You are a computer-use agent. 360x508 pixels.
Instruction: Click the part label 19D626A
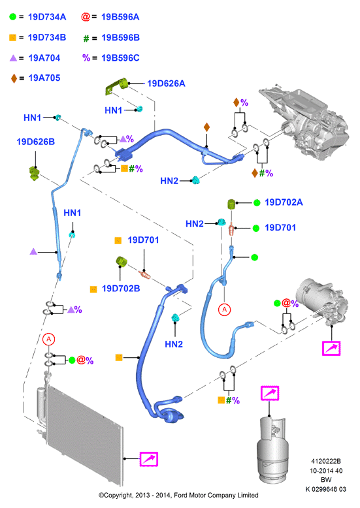click(166, 84)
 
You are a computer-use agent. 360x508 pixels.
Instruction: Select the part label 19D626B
click(36, 142)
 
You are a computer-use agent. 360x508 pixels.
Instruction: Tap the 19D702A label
click(284, 202)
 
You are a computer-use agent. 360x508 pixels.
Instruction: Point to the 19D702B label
click(121, 289)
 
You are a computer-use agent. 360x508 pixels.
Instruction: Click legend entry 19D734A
click(47, 17)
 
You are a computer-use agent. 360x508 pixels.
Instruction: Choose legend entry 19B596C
click(120, 58)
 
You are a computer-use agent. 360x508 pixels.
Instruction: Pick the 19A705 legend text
click(44, 78)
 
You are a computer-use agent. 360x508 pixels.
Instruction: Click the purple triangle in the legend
click(13, 58)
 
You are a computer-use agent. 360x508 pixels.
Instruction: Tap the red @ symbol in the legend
click(86, 17)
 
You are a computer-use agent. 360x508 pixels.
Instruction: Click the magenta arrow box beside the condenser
click(149, 459)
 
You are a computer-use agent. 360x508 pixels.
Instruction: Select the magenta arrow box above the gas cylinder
click(270, 393)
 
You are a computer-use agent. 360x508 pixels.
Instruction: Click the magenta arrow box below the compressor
click(331, 348)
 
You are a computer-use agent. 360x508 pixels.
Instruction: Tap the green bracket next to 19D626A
click(116, 86)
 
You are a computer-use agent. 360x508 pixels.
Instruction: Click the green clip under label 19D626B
click(34, 173)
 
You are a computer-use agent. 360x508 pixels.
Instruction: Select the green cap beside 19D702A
click(231, 204)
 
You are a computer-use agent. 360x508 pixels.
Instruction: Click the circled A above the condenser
click(48, 339)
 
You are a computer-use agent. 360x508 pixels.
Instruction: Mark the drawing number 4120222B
click(325, 462)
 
